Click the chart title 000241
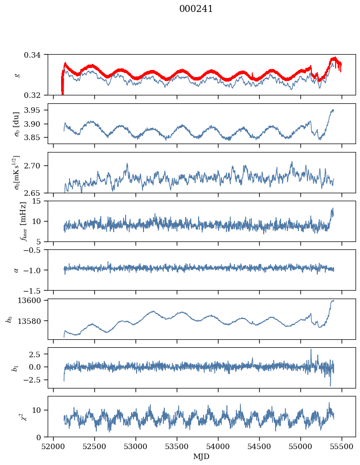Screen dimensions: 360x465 click(196, 9)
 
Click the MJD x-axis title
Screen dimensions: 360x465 click(201, 456)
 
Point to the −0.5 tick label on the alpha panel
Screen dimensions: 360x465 click(33, 250)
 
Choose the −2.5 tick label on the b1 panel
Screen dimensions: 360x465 click(33, 380)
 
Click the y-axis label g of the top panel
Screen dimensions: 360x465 click(18, 75)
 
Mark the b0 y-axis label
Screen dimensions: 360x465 click(10, 319)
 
